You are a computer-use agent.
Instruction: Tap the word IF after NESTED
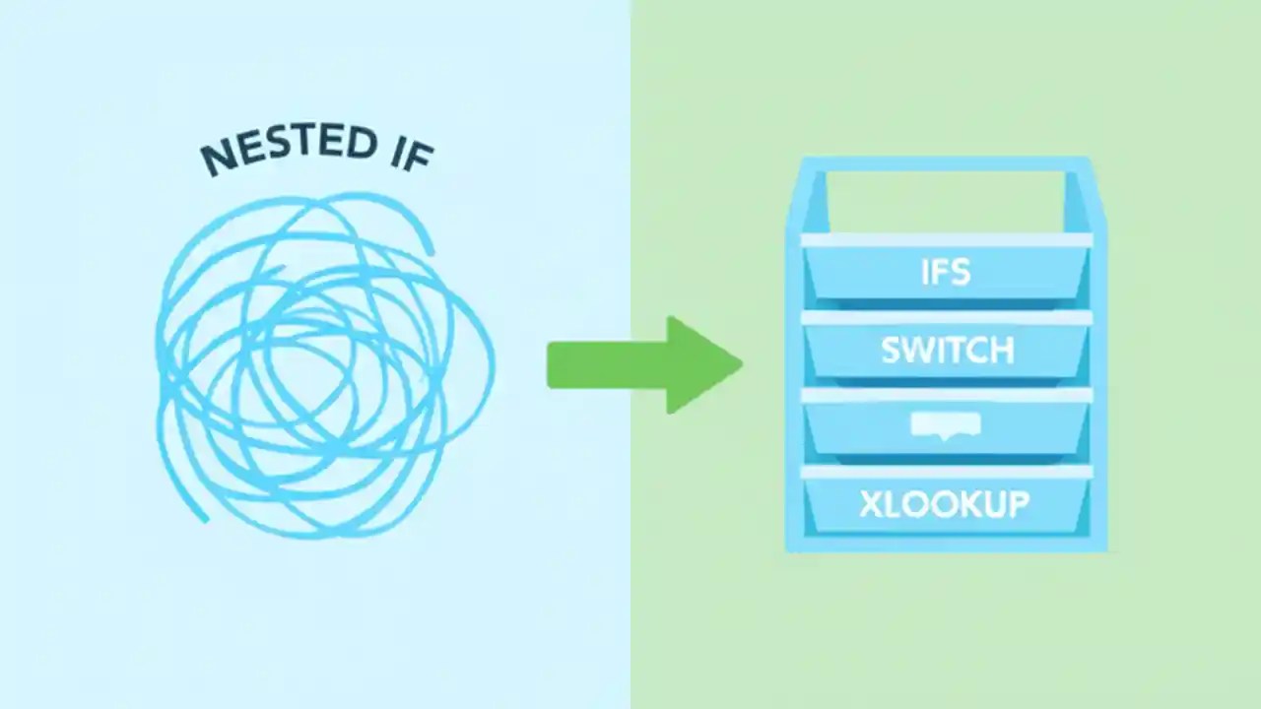[406, 150]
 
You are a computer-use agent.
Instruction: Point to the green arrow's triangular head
[701, 365]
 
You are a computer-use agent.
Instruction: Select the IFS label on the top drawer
[946, 272]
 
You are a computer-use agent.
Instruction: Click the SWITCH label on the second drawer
[946, 351]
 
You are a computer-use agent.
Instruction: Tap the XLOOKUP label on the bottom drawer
[944, 504]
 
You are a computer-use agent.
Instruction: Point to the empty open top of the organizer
[946, 202]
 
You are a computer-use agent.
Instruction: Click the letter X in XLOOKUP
[871, 504]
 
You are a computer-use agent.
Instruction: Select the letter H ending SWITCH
[1001, 351]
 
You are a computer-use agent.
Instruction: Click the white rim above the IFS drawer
[946, 240]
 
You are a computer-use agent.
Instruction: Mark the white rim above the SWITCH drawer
[946, 318]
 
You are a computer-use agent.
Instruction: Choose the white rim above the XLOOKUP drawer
[946, 473]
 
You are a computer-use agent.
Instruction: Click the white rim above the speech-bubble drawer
[946, 395]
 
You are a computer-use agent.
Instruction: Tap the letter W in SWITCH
[918, 351]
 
